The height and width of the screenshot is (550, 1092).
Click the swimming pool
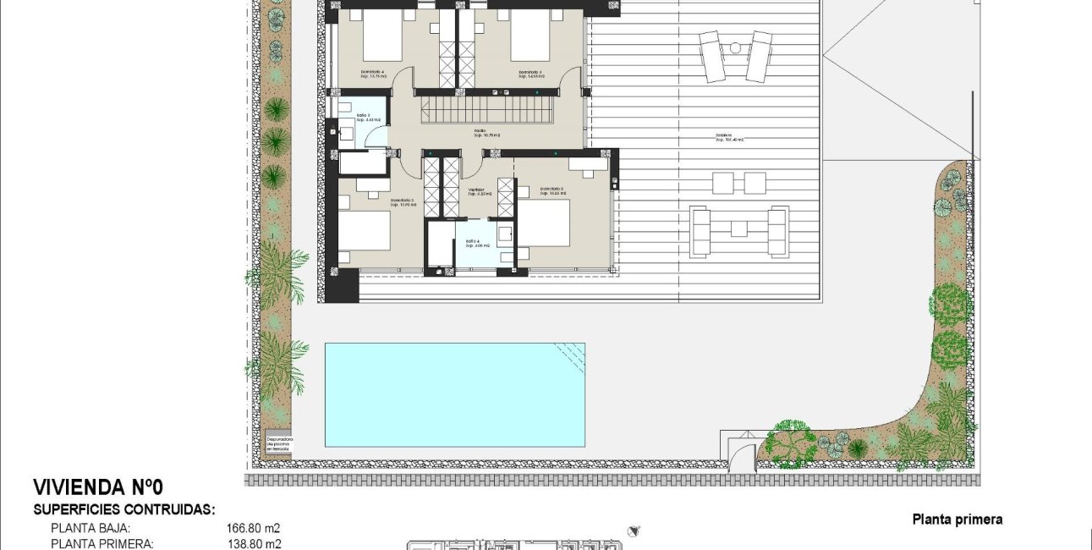455,394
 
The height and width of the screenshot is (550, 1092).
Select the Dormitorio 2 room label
551,190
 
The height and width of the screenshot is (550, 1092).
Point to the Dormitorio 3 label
402,202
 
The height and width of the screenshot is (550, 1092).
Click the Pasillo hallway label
480,132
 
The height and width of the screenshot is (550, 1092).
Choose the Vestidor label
476,190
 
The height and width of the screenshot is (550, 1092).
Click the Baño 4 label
472,243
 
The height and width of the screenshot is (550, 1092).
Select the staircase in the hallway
488,111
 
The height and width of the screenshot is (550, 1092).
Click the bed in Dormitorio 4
383,35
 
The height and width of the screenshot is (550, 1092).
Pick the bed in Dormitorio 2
544,223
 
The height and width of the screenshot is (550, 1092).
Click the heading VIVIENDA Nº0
97,487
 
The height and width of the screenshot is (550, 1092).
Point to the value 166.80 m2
253,528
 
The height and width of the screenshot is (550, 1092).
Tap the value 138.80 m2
253,544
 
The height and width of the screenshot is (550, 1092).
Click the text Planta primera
958,520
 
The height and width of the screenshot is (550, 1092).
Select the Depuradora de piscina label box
279,445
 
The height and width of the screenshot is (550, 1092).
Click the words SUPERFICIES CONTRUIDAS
124,509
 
